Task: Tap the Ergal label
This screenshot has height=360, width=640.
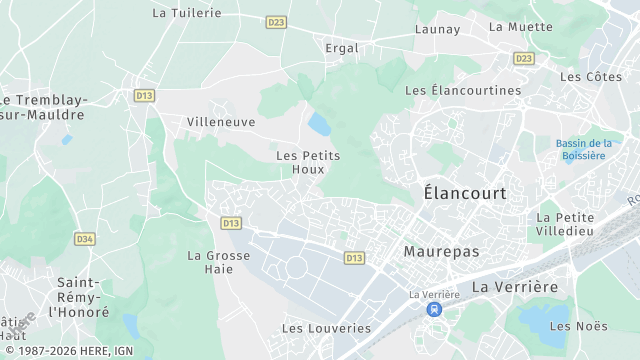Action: click(x=342, y=47)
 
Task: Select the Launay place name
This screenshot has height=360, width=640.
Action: click(x=437, y=29)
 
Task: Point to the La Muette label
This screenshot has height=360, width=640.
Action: click(x=520, y=27)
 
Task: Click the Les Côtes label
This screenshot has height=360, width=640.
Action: click(x=591, y=76)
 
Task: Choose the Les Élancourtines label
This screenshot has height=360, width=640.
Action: click(x=463, y=90)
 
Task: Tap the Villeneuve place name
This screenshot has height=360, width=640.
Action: click(x=221, y=122)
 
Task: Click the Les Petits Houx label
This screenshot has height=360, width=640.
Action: click(x=308, y=162)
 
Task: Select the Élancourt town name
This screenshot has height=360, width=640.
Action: click(x=465, y=192)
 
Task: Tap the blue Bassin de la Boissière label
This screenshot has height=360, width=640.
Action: click(x=584, y=149)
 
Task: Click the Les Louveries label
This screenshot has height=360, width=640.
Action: click(x=326, y=328)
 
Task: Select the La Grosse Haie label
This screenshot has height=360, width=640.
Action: click(x=219, y=262)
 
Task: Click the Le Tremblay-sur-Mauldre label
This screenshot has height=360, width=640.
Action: click(x=45, y=107)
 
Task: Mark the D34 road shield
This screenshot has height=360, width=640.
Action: click(x=85, y=239)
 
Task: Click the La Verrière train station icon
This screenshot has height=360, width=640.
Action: click(x=434, y=310)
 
